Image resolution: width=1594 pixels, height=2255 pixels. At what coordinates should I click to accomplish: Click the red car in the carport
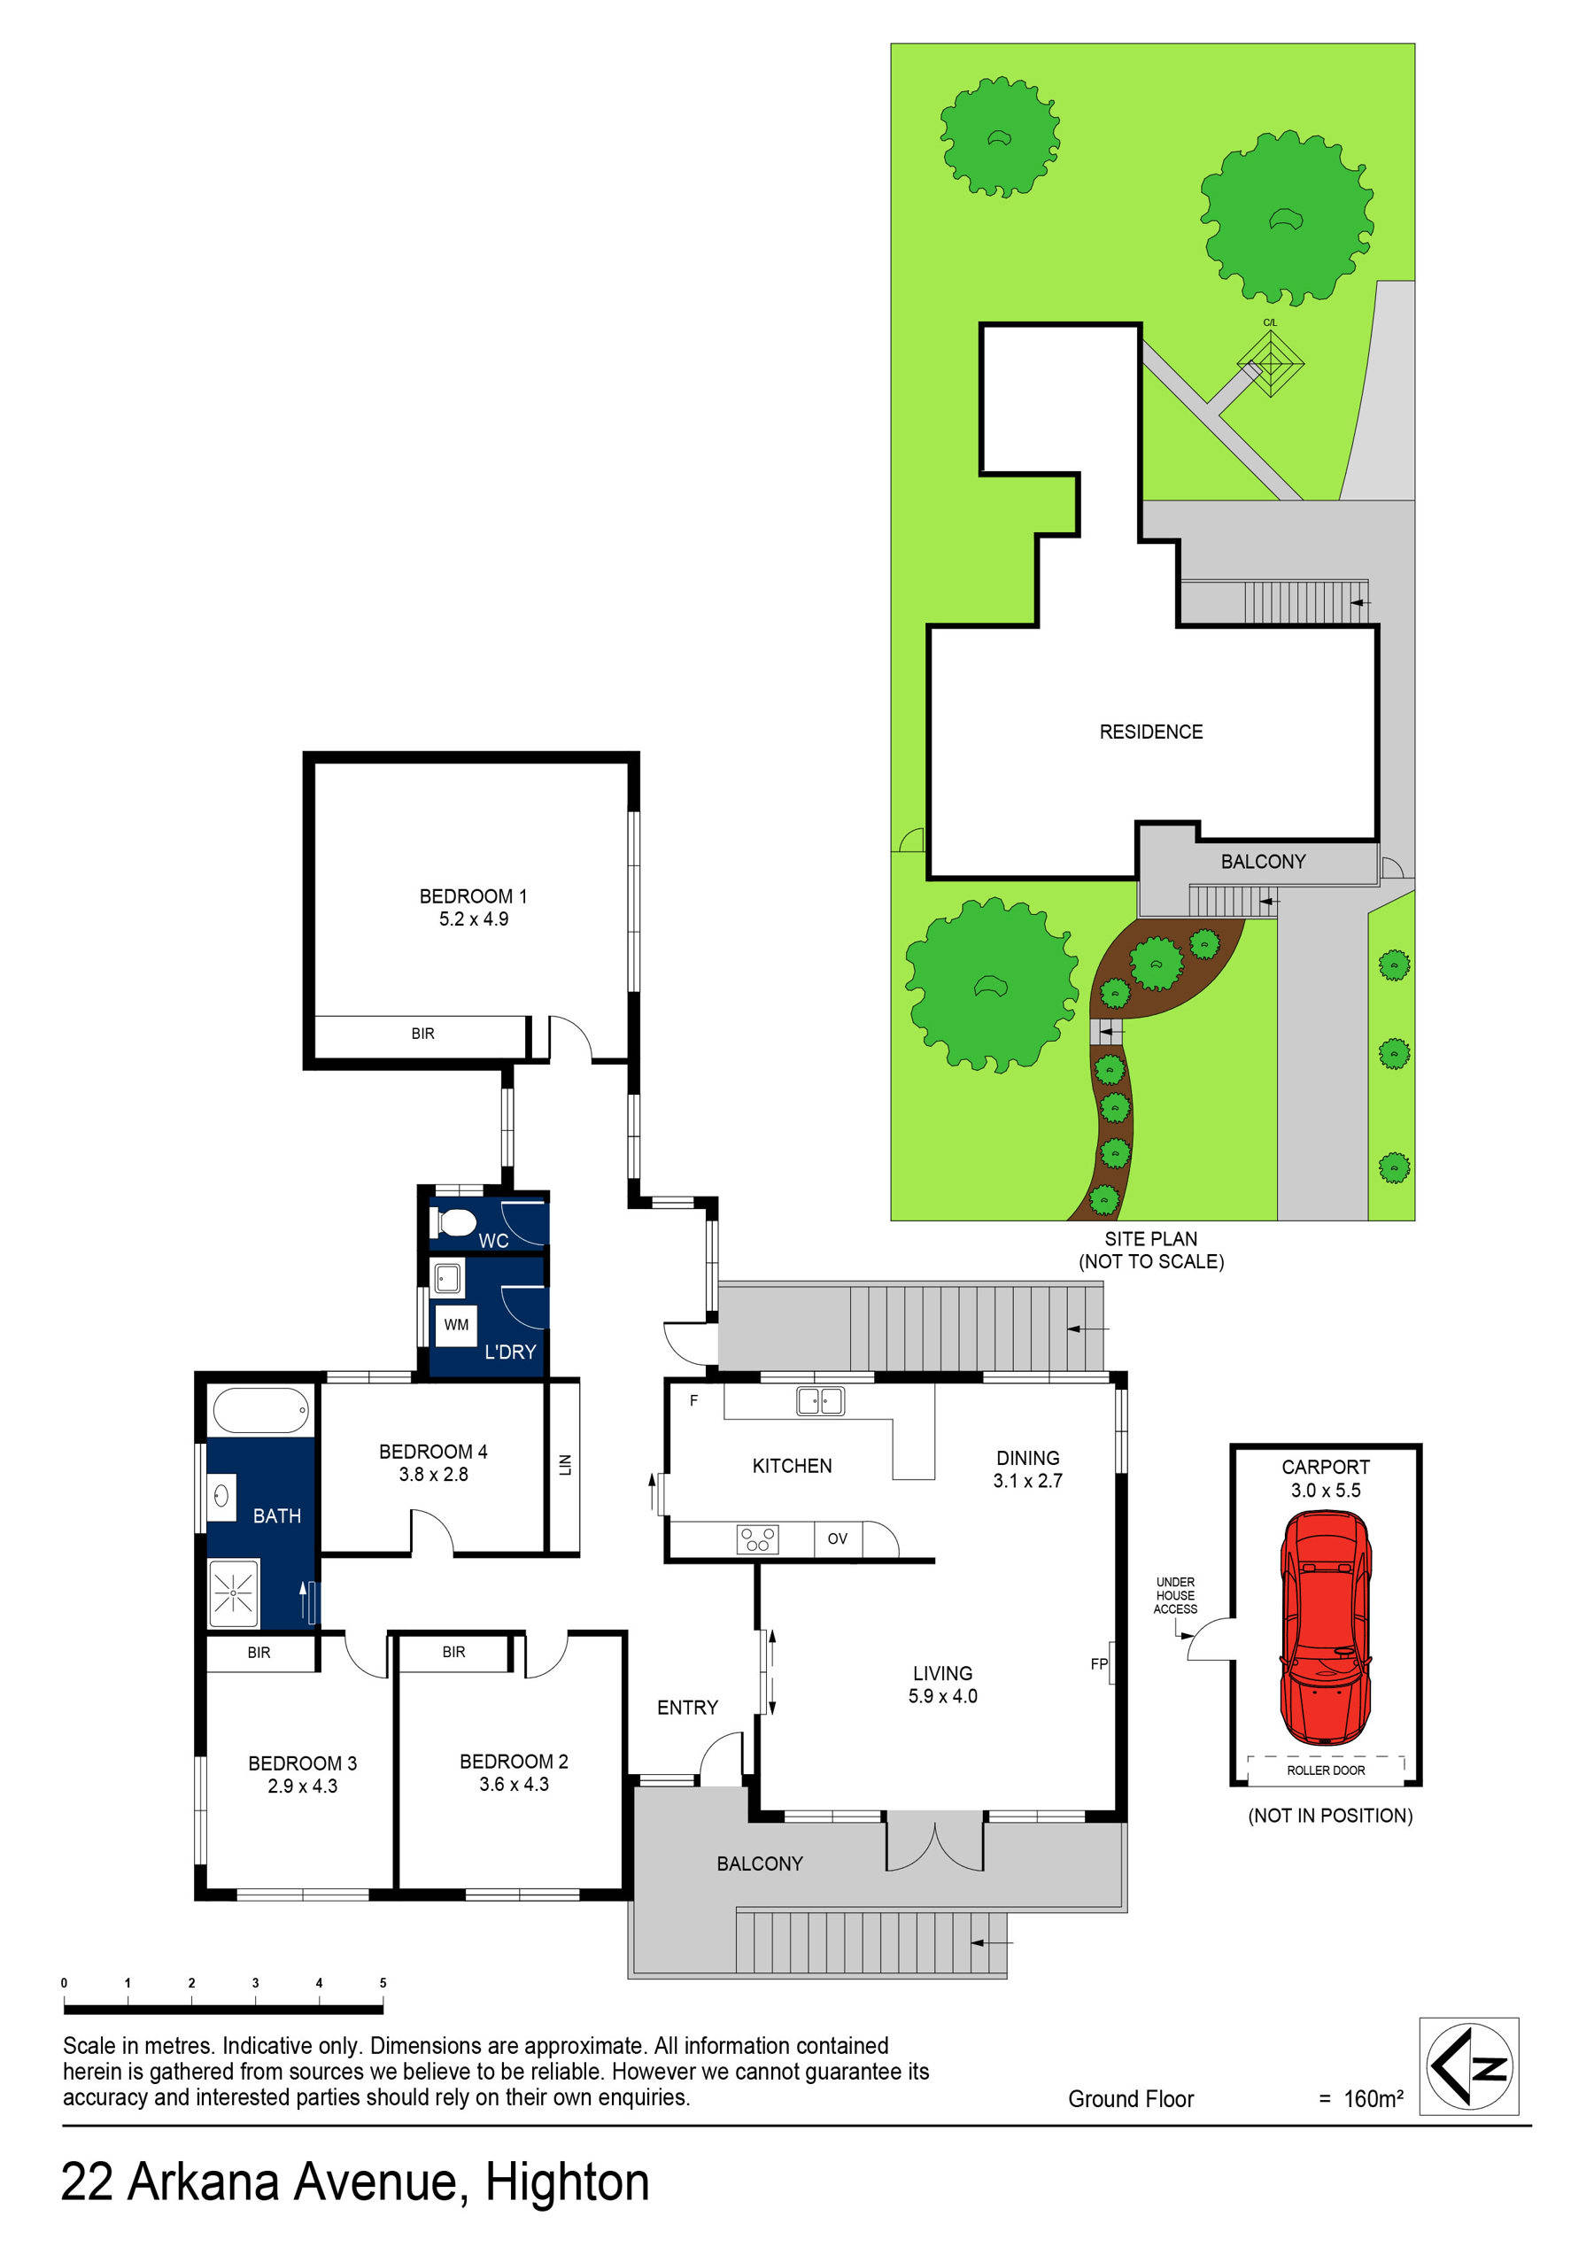coord(1325,1626)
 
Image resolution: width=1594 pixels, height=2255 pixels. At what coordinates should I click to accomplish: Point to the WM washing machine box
coord(457,1325)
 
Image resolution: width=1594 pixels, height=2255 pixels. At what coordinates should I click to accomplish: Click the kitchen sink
coord(820,1400)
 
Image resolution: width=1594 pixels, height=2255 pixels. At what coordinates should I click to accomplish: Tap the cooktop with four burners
coord(757,1539)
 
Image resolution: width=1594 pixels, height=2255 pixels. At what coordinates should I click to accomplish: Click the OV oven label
coord(837,1539)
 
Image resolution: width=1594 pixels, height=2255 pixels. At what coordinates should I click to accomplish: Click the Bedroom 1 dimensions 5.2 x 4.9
coord(474,919)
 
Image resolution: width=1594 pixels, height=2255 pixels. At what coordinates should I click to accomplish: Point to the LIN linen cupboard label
coord(565,1465)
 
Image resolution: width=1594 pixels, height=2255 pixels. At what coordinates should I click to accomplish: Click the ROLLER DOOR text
coord(1326,1771)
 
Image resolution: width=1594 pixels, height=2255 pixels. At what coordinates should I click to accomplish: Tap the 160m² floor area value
coord(1373,2099)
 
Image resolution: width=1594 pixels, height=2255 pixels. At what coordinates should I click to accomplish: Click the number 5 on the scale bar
coord(383,1983)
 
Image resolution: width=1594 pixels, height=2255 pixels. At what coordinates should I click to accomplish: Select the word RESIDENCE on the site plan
coord(1151,732)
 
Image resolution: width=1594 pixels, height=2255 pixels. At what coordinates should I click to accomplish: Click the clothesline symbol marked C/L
coord(1270,363)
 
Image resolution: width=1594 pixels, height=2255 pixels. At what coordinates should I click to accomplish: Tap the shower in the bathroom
coord(234,1593)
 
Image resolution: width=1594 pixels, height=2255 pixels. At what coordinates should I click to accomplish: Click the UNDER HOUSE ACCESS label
coord(1176,1595)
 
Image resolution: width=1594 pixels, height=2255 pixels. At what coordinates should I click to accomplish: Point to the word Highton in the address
coord(568,2182)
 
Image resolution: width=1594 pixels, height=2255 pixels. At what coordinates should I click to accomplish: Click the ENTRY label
coord(687,1708)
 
